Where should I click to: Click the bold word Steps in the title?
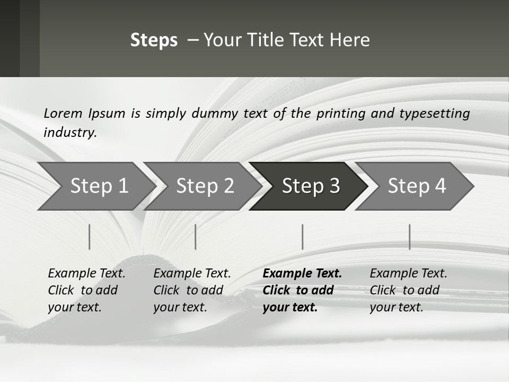click(154, 40)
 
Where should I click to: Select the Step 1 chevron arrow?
click(96, 186)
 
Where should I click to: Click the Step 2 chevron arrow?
click(203, 186)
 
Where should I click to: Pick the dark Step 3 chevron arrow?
click(309, 186)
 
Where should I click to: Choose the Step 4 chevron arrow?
click(415, 186)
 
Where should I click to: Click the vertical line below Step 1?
click(89, 237)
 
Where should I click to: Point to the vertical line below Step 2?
click(196, 237)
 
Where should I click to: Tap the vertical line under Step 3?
click(303, 237)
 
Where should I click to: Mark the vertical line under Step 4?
click(410, 237)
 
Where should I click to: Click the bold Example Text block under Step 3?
click(302, 290)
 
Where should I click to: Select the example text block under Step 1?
click(86, 290)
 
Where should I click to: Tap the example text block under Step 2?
click(192, 290)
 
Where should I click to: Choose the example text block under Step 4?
click(408, 290)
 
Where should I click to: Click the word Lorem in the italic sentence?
click(63, 114)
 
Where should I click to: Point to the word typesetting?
click(435, 114)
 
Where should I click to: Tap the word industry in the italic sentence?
click(71, 133)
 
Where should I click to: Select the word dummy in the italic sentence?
click(215, 114)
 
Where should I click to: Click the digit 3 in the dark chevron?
click(335, 186)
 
